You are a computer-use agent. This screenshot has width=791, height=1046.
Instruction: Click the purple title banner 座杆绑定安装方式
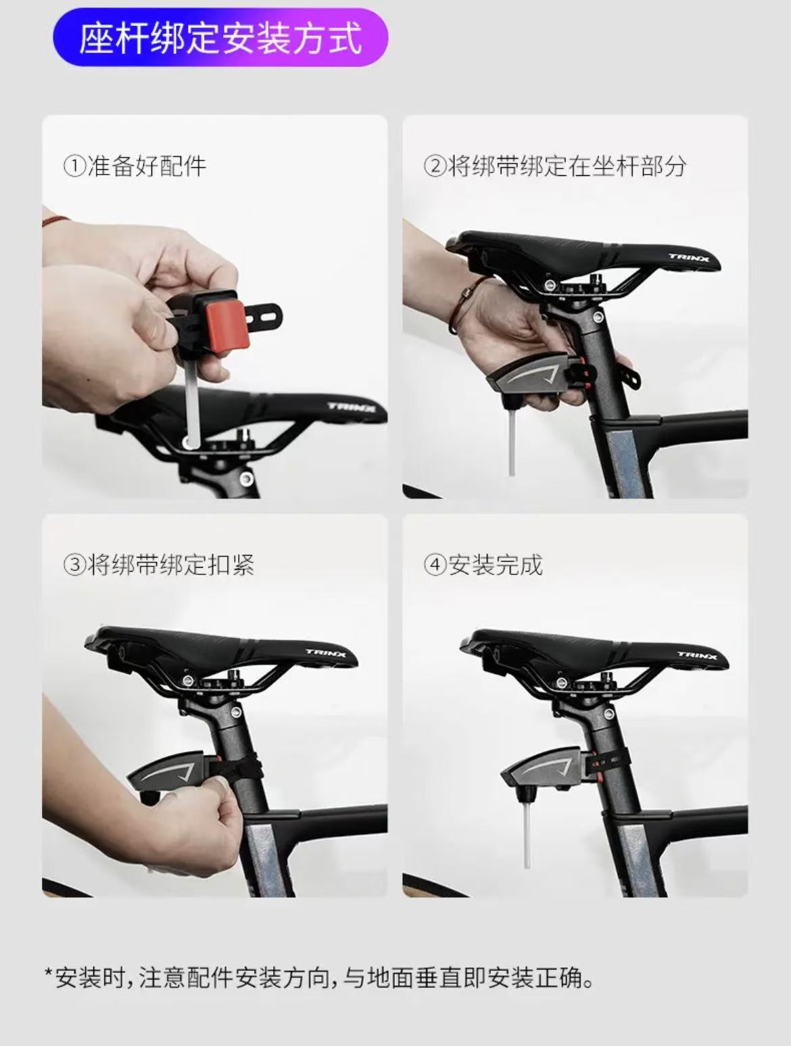pyautogui.click(x=220, y=37)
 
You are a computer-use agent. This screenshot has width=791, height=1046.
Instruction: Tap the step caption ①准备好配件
pyautogui.click(x=135, y=166)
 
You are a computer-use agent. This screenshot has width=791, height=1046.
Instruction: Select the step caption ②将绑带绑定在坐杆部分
pyautogui.click(x=555, y=166)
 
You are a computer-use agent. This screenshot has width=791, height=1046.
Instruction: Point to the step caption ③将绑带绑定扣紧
pyautogui.click(x=159, y=564)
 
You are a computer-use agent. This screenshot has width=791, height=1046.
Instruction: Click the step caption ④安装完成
pyautogui.click(x=483, y=564)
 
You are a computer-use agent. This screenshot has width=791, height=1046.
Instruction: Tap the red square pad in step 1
pyautogui.click(x=224, y=323)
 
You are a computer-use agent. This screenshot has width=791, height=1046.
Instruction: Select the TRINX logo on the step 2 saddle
pyautogui.click(x=689, y=257)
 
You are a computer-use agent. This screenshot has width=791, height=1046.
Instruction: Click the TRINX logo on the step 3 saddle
pyautogui.click(x=327, y=654)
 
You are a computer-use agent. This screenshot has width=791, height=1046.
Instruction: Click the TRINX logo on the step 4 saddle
pyautogui.click(x=697, y=654)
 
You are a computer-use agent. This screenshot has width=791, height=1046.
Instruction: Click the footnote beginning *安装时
pyautogui.click(x=318, y=978)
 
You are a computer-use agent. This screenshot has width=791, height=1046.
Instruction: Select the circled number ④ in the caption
pyautogui.click(x=435, y=564)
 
